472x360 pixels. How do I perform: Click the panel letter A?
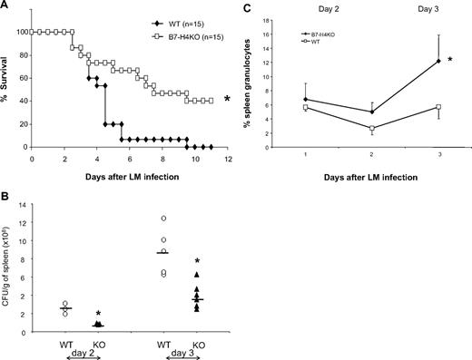coord(7,7)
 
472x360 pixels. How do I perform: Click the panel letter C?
coord(249,7)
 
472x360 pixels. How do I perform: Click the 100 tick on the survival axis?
coord(21,32)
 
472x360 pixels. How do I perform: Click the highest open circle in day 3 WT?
coord(163,219)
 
